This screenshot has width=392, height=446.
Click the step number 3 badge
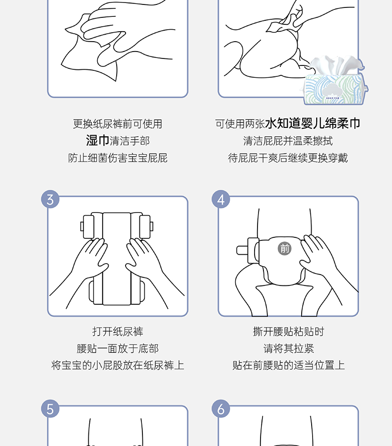tap(50, 199)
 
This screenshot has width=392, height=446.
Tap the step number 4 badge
tap(221, 199)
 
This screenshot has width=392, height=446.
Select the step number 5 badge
tap(50, 409)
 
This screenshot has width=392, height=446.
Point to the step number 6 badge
tap(221, 409)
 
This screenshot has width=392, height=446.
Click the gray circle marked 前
tap(284, 249)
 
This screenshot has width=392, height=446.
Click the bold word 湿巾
tap(97, 141)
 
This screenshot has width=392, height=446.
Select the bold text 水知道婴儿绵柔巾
tap(313, 123)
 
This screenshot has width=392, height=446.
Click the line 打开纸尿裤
tap(118, 332)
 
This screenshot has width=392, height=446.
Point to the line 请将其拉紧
tap(288, 348)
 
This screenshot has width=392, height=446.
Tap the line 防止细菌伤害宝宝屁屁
tap(118, 158)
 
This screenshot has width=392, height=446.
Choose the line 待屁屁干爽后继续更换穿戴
tap(288, 158)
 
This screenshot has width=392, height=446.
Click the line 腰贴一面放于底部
tap(118, 348)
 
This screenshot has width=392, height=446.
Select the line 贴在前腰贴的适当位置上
tap(288, 365)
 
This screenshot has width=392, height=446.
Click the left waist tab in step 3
tap(87, 226)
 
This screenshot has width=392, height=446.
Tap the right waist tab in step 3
tap(146, 226)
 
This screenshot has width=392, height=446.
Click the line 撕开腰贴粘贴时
tap(288, 332)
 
